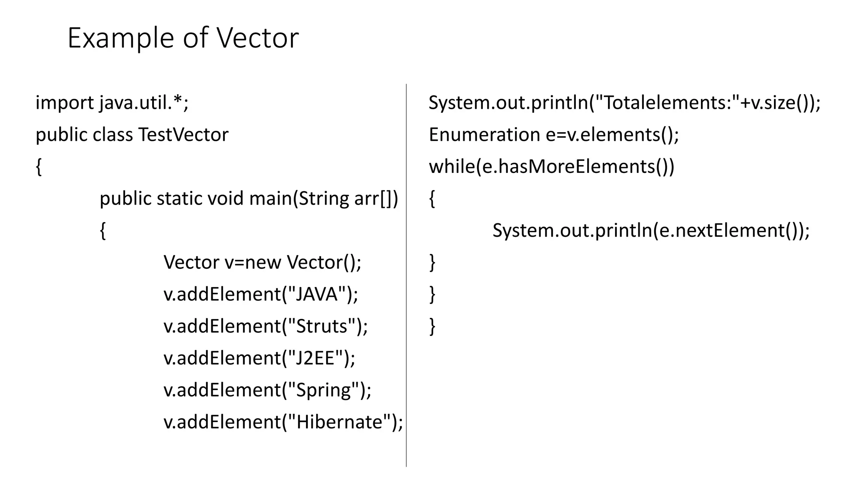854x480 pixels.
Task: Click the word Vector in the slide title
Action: [257, 38]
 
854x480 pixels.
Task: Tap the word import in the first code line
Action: [65, 103]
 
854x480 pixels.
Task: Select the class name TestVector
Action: [183, 135]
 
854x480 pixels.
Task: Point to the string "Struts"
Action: [322, 326]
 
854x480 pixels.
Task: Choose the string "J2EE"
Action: [315, 358]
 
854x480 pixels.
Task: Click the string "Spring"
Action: [323, 390]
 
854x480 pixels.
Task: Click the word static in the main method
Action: [180, 198]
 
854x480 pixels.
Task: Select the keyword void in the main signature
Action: [226, 198]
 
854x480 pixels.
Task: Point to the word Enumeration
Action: [484, 135]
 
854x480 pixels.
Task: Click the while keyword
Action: [452, 167]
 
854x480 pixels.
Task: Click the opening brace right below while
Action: [432, 199]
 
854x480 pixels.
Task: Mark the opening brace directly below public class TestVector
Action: [39, 167]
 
